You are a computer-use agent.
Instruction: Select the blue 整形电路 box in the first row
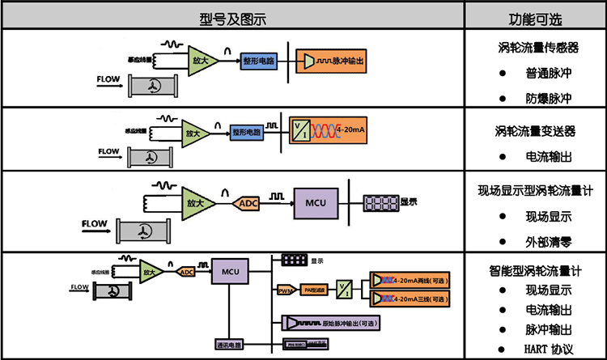click(x=258, y=61)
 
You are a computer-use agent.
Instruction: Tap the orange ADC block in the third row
click(x=246, y=204)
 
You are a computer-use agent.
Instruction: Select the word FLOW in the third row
click(x=95, y=222)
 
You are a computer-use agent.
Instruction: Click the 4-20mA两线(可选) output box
click(x=409, y=281)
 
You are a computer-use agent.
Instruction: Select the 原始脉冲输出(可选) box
click(x=332, y=322)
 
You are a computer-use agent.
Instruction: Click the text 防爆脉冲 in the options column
click(x=548, y=98)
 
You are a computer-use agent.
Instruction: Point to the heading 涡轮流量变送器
click(x=535, y=129)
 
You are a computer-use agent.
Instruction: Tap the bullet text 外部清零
click(x=548, y=240)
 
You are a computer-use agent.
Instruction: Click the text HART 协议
click(x=549, y=349)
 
